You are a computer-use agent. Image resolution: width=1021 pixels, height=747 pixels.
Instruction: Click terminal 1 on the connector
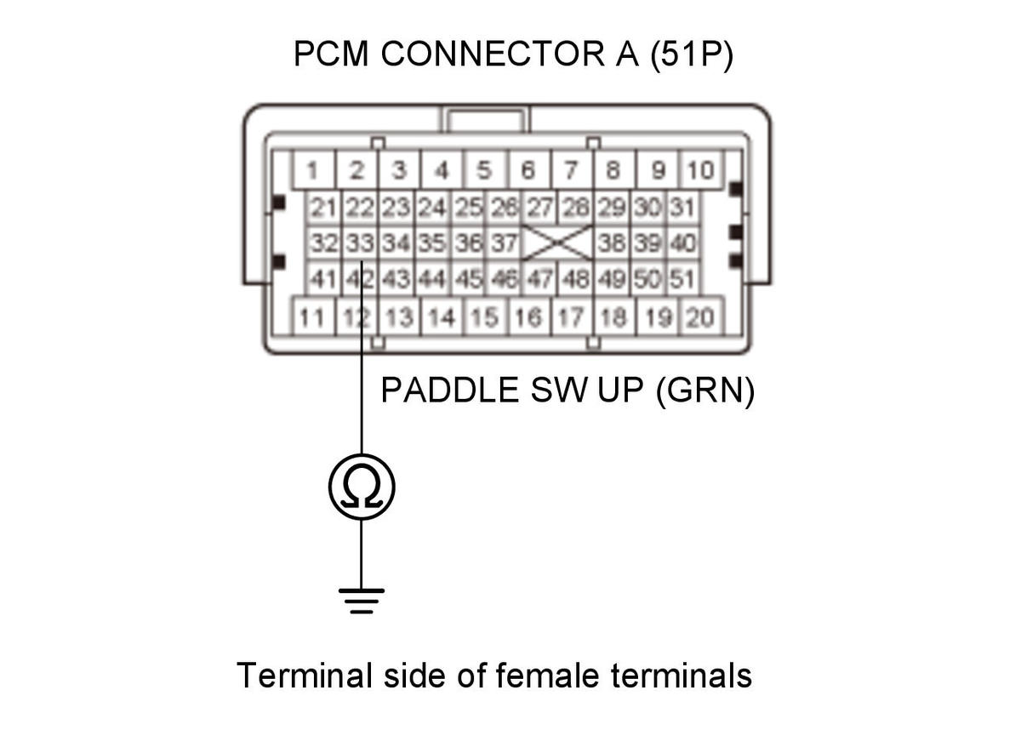(313, 170)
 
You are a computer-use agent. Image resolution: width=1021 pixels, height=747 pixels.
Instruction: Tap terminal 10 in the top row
(701, 170)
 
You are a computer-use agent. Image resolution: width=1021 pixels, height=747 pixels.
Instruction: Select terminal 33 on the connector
(360, 243)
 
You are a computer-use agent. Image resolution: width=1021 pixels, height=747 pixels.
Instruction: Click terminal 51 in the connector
(683, 278)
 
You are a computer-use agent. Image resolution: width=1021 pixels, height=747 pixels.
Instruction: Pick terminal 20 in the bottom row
(701, 316)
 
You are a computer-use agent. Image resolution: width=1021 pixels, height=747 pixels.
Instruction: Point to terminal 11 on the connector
(313, 316)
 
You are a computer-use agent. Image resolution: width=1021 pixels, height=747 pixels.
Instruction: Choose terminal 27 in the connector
(539, 208)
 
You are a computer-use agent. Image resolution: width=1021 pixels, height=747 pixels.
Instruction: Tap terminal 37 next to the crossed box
(504, 243)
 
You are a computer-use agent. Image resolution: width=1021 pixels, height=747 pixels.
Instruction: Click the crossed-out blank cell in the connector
(558, 243)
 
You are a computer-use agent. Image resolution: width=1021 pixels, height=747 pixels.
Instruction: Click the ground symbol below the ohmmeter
(362, 602)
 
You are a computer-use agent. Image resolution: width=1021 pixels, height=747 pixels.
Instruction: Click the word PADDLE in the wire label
(450, 391)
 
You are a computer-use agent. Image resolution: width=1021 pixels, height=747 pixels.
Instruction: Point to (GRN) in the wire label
(705, 391)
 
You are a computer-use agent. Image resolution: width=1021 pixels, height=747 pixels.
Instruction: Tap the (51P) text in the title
(692, 54)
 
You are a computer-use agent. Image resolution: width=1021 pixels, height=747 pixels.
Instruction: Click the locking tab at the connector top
(486, 119)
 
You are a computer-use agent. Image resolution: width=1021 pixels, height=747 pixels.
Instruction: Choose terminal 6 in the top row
(528, 170)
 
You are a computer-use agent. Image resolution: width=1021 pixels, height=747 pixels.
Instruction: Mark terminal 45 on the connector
(468, 278)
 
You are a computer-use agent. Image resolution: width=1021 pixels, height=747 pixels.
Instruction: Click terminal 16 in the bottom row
(528, 316)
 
